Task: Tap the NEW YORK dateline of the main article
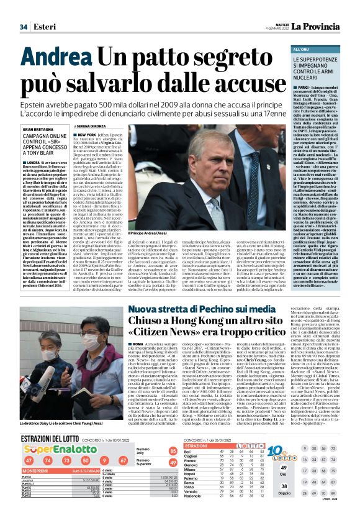(x=86, y=134)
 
